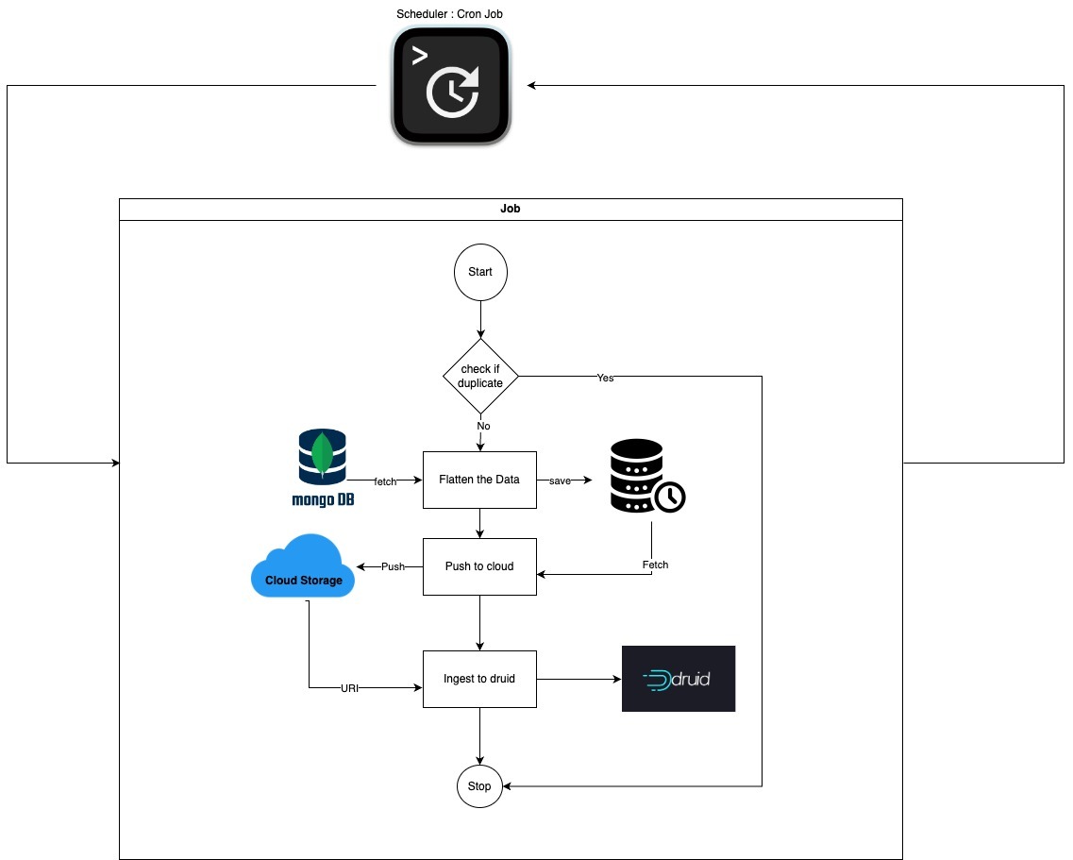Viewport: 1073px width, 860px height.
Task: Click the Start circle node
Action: [480, 272]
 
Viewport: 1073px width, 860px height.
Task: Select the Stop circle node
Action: [479, 786]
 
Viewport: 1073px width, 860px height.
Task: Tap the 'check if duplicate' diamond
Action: [480, 376]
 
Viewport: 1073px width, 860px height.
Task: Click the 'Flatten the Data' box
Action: [479, 480]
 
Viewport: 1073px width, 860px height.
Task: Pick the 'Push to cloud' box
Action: [479, 566]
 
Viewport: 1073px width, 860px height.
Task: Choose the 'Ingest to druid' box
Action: [479, 679]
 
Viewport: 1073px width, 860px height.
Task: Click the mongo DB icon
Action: [322, 467]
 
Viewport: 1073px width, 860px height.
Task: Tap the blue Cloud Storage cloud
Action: [303, 567]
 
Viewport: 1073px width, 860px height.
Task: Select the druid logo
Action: [678, 678]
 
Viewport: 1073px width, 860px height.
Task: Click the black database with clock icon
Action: [645, 477]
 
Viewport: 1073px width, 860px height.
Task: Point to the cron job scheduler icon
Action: [451, 86]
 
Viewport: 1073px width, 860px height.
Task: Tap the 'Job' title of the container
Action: [510, 210]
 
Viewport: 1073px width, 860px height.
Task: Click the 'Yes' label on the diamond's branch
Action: [605, 378]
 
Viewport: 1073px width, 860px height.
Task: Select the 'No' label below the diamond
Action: [483, 426]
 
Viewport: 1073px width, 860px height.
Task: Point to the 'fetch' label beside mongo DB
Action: [385, 481]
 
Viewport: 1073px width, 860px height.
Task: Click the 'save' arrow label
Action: [561, 481]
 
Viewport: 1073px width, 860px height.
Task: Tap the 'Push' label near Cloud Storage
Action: [393, 567]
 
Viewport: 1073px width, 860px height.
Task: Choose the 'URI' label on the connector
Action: [349, 689]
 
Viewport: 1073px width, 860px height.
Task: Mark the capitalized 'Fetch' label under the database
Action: [655, 565]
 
